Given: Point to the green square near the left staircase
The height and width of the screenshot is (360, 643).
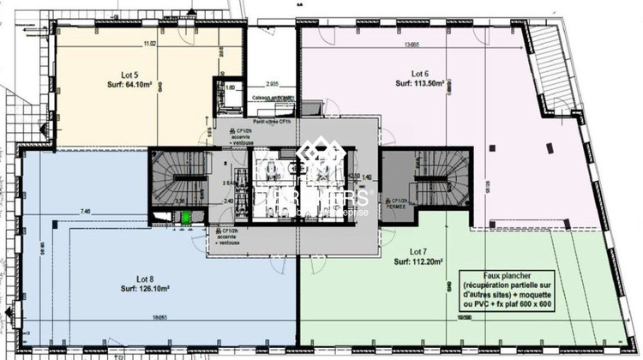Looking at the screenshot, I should pos(183,218).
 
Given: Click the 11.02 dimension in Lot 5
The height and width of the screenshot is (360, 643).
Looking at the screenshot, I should pos(149,44).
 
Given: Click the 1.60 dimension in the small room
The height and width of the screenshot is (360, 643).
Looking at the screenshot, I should pos(230,88).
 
